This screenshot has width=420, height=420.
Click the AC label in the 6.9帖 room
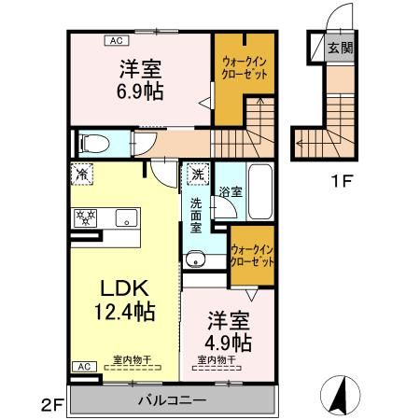click(117, 40)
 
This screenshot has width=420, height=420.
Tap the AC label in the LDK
click(82, 366)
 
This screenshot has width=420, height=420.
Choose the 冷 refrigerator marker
click(83, 175)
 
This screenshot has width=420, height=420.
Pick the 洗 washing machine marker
click(198, 174)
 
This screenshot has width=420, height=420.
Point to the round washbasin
click(195, 259)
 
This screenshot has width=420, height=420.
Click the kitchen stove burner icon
click(83, 218)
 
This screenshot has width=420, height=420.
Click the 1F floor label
click(338, 180)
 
